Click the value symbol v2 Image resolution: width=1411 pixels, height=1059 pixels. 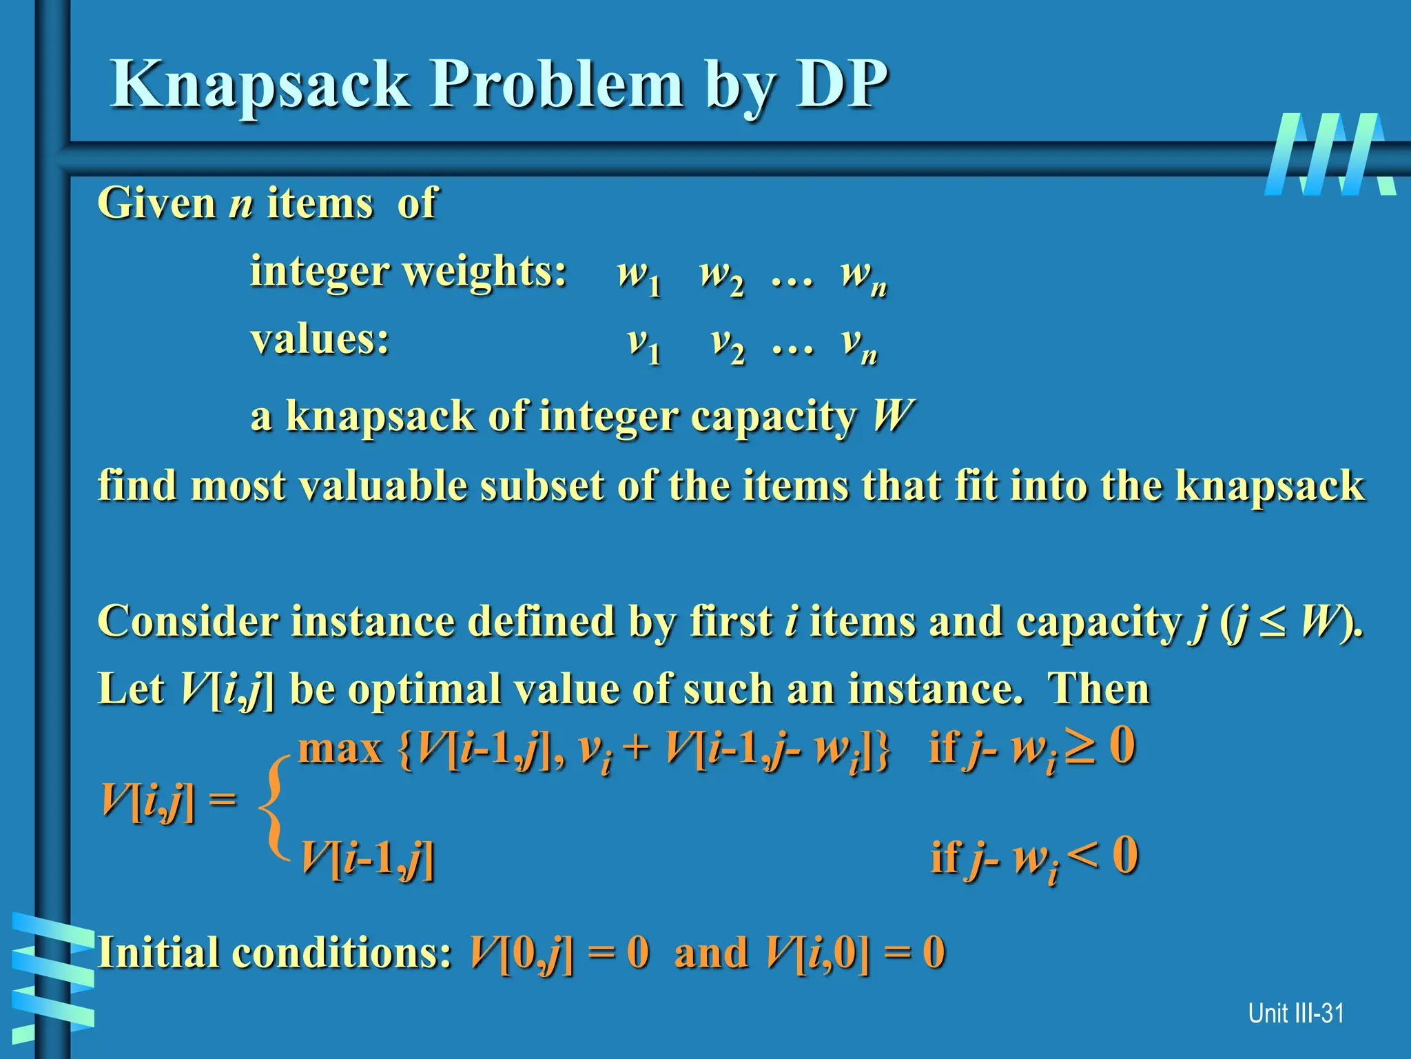tap(728, 344)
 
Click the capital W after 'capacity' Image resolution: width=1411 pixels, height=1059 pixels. tap(893, 416)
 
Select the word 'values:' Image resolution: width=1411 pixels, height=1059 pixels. tap(320, 340)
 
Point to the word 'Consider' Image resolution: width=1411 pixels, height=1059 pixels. tap(187, 622)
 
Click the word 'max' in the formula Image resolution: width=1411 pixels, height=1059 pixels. tap(340, 749)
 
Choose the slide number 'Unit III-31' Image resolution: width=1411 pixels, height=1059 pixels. tap(1295, 1013)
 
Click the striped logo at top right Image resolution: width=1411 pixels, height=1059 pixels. tap(1329, 154)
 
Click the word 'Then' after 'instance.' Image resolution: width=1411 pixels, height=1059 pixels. tap(1098, 689)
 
